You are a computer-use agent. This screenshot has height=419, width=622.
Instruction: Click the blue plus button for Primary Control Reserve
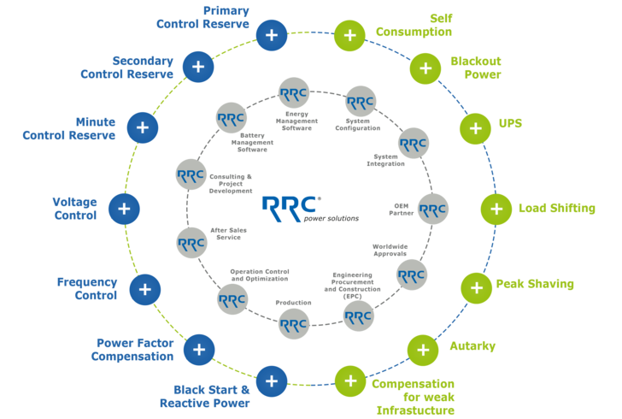tap(272, 35)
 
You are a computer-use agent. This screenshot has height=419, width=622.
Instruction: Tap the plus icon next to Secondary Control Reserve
tap(198, 67)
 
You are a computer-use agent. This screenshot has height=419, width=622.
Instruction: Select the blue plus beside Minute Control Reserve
tap(142, 127)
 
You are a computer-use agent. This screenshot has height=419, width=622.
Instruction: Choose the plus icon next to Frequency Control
tap(145, 288)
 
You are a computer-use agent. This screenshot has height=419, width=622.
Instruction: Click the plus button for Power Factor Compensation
tap(198, 349)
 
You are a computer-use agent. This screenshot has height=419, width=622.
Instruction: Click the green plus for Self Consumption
tap(349, 35)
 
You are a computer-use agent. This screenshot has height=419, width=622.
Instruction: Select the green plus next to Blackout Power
tap(424, 67)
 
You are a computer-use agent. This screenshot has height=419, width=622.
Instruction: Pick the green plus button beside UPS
tap(474, 128)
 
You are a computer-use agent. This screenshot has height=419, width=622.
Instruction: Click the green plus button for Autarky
tap(422, 349)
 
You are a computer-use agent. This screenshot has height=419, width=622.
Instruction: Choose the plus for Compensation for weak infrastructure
tap(349, 380)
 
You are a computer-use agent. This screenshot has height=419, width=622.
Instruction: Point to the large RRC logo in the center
tap(291, 204)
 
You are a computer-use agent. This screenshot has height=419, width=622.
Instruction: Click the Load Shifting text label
tap(556, 208)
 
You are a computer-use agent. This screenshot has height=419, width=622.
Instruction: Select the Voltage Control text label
tap(75, 208)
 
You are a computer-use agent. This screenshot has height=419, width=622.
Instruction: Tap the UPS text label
tap(510, 123)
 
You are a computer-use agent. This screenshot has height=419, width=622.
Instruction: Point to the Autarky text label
tap(472, 346)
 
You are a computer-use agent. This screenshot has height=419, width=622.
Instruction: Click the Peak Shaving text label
tap(535, 283)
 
